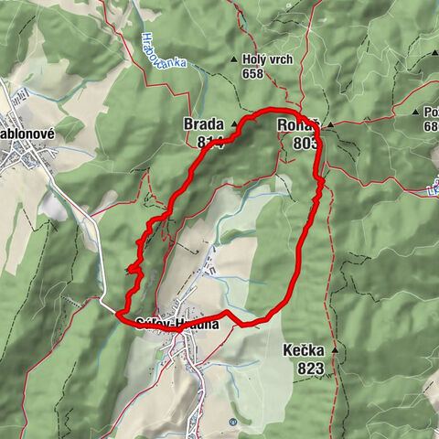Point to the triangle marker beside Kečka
[336, 350]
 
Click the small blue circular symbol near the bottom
[233, 422]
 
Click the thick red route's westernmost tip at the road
[117, 315]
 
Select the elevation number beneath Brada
[207, 142]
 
